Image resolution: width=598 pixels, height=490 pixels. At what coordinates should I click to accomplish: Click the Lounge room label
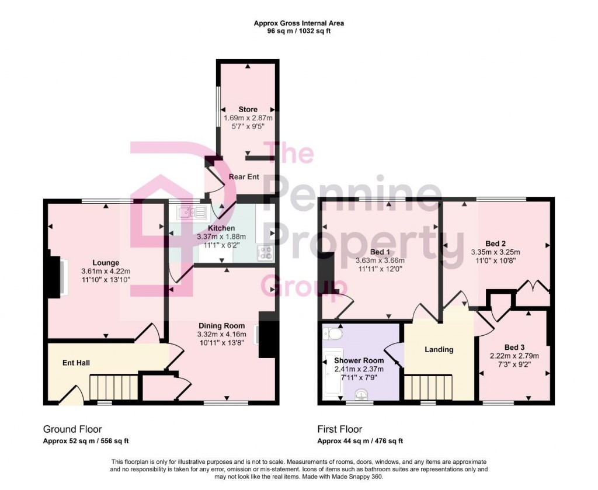(x=106, y=263)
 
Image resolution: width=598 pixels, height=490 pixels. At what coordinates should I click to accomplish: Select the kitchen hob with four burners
(x=266, y=253)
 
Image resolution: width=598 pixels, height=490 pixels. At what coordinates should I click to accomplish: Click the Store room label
(x=248, y=109)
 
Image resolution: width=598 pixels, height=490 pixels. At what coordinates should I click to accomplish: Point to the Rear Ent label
(x=244, y=176)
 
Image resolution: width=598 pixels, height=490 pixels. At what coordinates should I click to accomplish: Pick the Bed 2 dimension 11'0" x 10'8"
(x=495, y=261)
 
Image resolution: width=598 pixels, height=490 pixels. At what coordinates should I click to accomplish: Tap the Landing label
(x=439, y=349)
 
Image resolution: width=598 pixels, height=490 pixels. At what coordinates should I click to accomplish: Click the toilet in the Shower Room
(x=334, y=334)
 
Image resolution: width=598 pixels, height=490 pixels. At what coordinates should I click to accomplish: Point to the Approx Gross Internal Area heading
(x=298, y=23)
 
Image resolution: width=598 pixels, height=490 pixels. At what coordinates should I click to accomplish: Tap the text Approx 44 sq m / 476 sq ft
(x=360, y=441)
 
